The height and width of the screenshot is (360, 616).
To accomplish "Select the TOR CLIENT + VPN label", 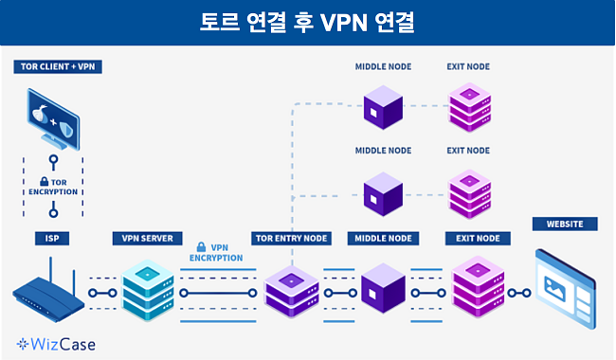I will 57,67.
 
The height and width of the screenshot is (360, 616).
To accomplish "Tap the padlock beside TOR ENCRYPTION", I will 44,181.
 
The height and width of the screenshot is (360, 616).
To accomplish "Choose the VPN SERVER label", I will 147,238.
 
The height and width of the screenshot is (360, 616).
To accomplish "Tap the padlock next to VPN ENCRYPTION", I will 201,246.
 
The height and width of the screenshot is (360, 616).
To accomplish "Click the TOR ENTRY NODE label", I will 292,238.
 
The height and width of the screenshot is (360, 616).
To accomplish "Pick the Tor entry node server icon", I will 291,290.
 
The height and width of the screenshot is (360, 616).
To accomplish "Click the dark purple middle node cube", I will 382,289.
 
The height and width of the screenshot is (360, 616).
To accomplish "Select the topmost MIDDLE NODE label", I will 382,67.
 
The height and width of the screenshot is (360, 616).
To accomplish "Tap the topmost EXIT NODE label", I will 468,67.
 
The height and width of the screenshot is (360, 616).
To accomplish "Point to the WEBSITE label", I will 565,225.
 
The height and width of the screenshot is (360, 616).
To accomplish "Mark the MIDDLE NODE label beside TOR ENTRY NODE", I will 382,238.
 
